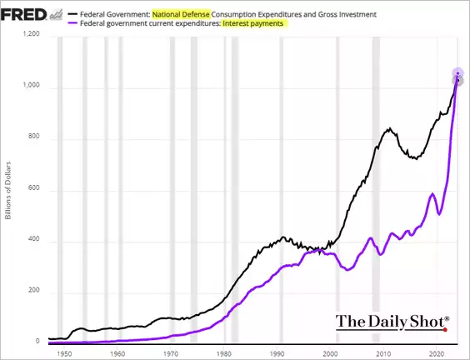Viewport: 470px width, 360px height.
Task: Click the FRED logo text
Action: [x=22, y=13]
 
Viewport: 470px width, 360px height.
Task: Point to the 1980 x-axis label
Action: [x=224, y=353]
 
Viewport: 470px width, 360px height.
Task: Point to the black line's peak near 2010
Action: [x=390, y=129]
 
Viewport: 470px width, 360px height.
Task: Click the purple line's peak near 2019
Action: [x=432, y=194]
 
